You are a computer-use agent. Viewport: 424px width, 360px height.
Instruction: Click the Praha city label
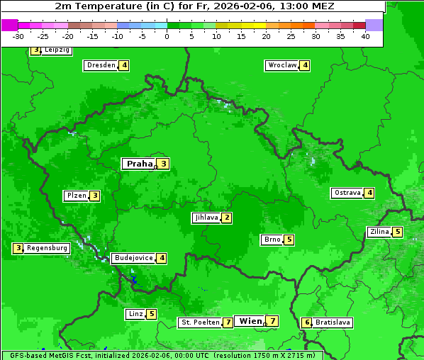(139, 164)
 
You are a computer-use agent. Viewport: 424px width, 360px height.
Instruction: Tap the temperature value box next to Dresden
(124, 65)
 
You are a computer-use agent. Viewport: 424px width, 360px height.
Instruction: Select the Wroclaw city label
(281, 65)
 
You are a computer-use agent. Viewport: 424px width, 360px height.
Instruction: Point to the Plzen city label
(76, 196)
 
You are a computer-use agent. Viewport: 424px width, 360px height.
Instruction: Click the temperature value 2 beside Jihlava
(226, 218)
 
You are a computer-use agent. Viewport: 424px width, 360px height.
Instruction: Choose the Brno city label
(272, 240)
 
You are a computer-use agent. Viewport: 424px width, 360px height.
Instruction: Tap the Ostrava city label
(347, 193)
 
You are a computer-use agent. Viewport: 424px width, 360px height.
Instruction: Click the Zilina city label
(379, 232)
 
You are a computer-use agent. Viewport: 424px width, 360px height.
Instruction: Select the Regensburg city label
(48, 248)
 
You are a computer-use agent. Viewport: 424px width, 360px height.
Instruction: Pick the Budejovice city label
(133, 258)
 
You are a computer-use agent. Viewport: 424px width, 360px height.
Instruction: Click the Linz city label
(135, 314)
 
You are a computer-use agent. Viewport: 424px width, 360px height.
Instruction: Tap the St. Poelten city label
(200, 322)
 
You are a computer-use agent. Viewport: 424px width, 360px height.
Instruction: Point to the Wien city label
(250, 321)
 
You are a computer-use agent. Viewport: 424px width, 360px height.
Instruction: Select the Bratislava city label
(333, 322)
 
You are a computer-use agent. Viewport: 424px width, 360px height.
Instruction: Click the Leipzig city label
(56, 50)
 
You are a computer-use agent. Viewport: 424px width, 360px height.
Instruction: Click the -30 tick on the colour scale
(18, 36)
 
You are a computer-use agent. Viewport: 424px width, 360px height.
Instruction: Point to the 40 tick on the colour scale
(365, 36)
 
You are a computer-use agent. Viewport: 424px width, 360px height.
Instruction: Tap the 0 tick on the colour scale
(167, 36)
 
